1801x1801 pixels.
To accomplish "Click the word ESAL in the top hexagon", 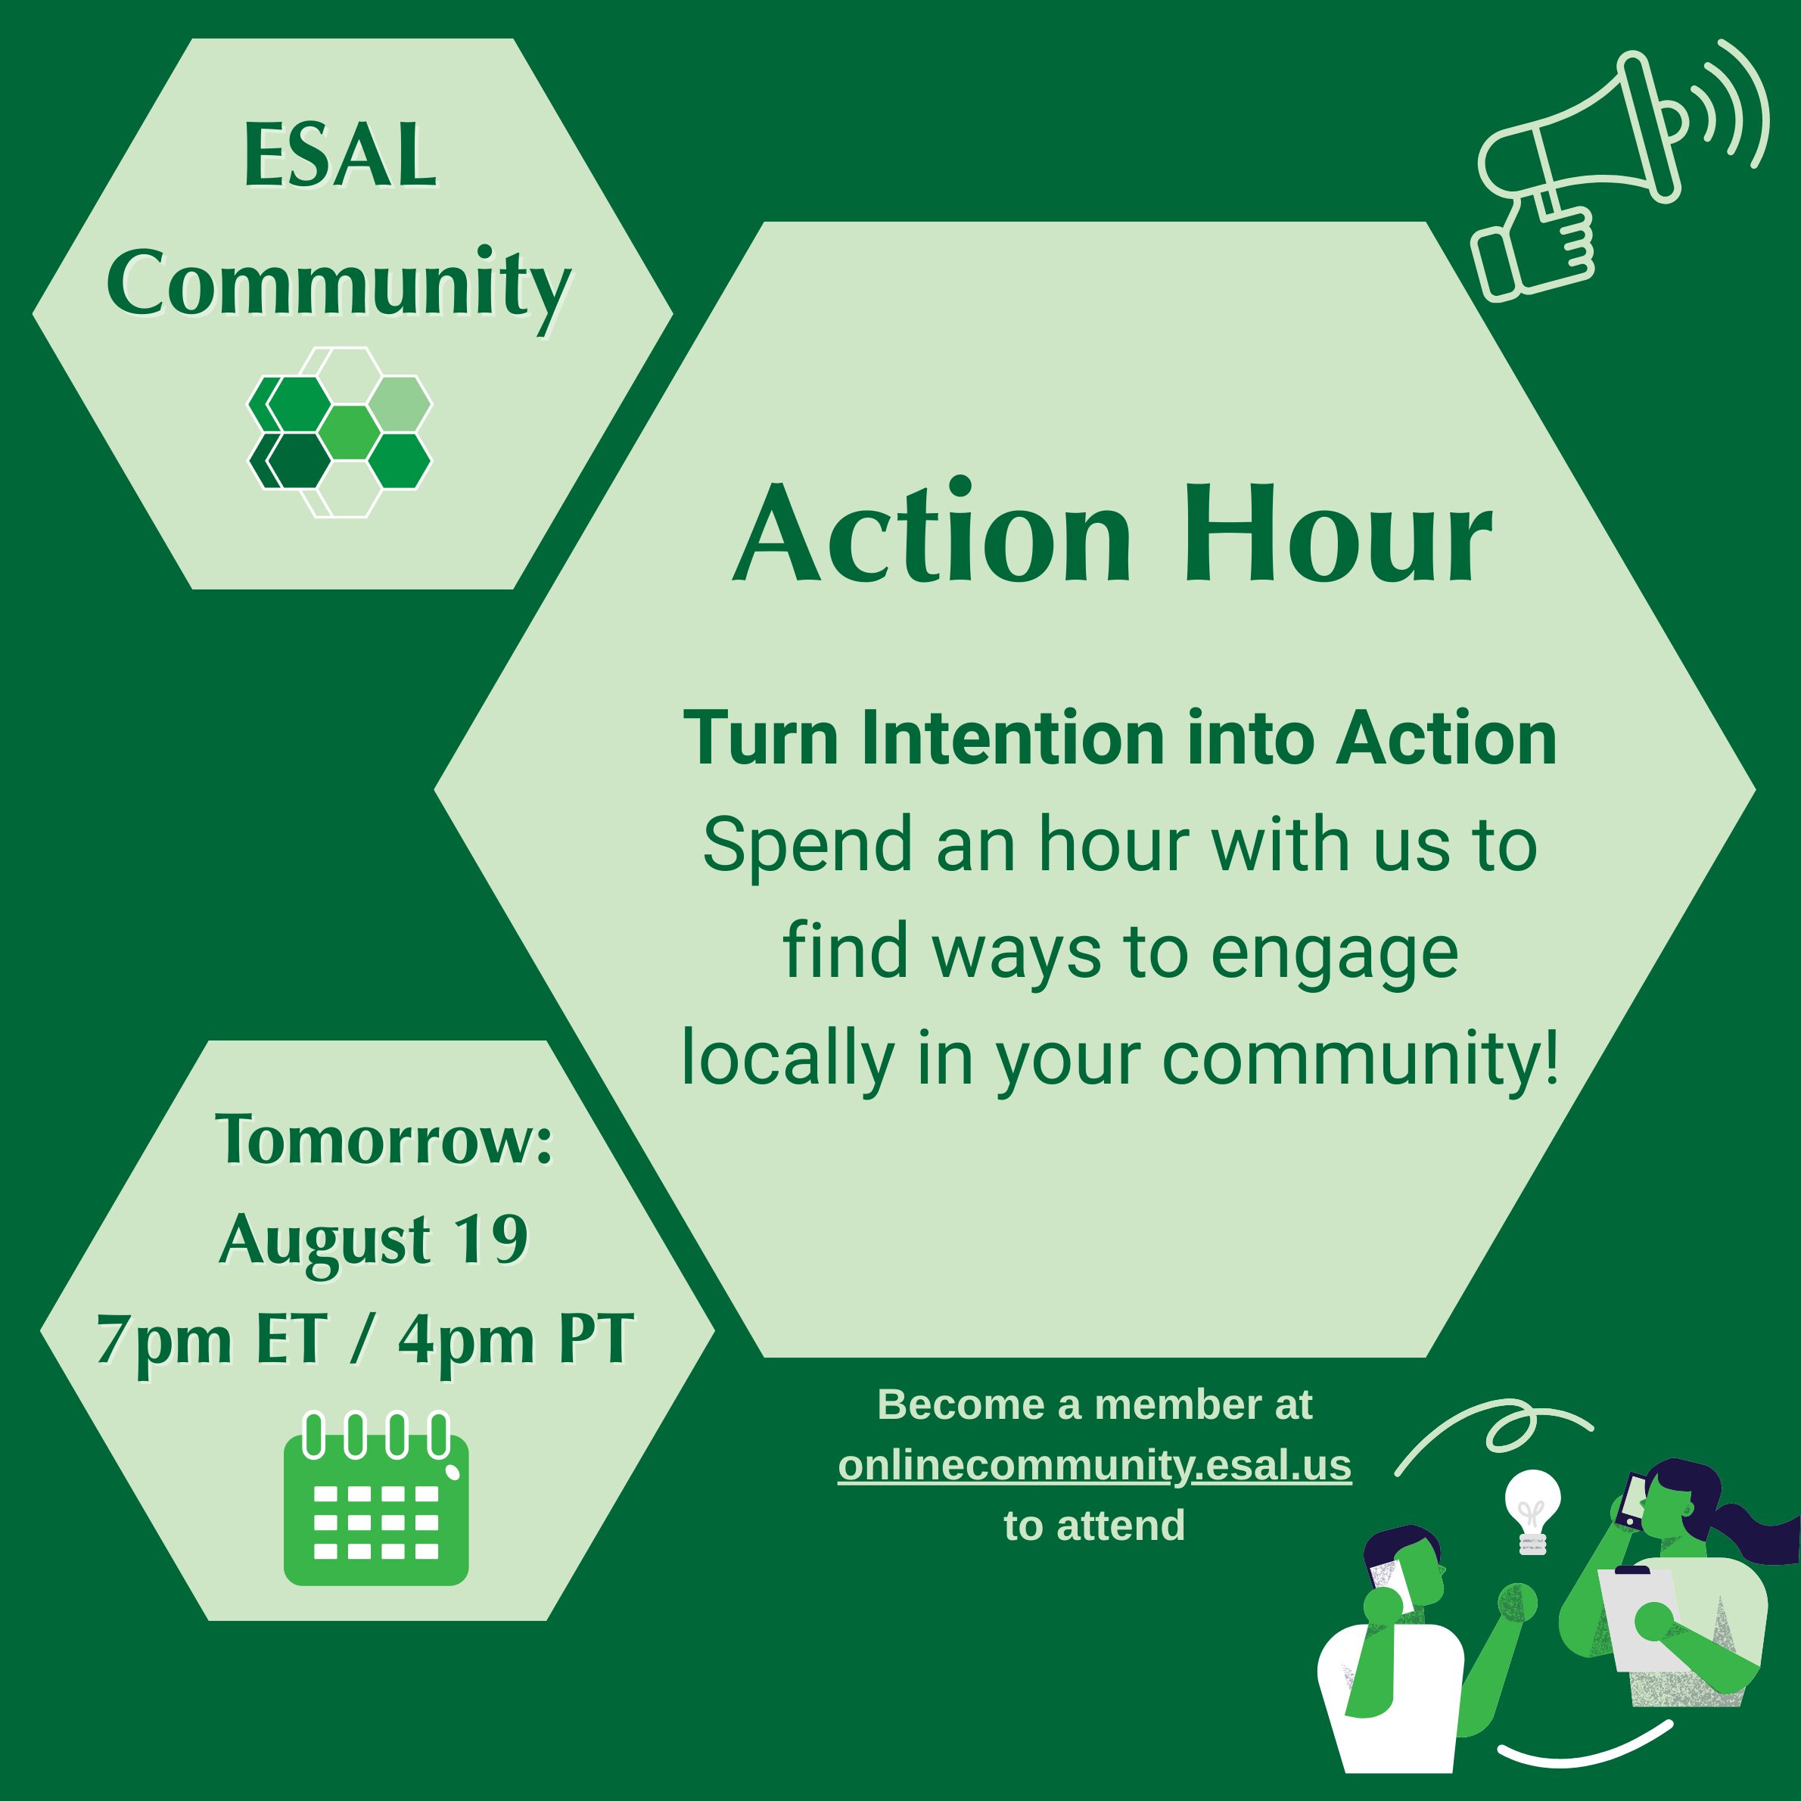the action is point(341,156).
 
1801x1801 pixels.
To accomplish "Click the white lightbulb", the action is point(1532,1511).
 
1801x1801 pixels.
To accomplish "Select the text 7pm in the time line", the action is point(164,1340).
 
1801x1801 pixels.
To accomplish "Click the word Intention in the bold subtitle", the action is point(1013,739).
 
